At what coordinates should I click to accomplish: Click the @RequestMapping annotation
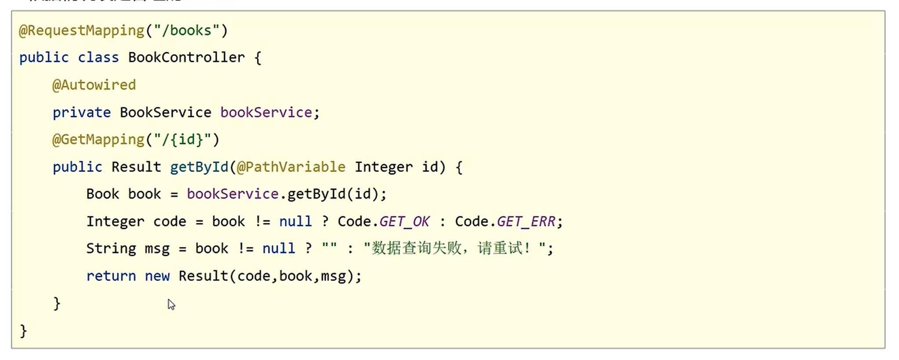pyautogui.click(x=82, y=30)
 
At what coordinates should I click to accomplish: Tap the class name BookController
pyautogui.click(x=186, y=58)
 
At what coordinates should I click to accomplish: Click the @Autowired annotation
pyautogui.click(x=94, y=85)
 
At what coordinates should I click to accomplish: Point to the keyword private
pyautogui.click(x=81, y=113)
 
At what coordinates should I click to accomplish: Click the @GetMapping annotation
pyautogui.click(x=98, y=140)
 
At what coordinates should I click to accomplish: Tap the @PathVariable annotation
pyautogui.click(x=291, y=167)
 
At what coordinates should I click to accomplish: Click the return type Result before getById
pyautogui.click(x=136, y=167)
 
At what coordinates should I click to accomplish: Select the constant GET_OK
pyautogui.click(x=404, y=222)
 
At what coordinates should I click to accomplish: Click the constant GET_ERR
pyautogui.click(x=526, y=222)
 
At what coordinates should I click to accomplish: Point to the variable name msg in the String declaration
pyautogui.click(x=157, y=249)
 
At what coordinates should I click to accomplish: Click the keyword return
pyautogui.click(x=111, y=276)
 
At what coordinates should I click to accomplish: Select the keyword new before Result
pyautogui.click(x=157, y=276)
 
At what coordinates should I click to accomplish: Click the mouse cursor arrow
pyautogui.click(x=171, y=304)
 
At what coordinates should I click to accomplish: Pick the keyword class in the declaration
pyautogui.click(x=98, y=58)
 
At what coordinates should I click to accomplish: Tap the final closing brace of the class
pyautogui.click(x=23, y=331)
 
